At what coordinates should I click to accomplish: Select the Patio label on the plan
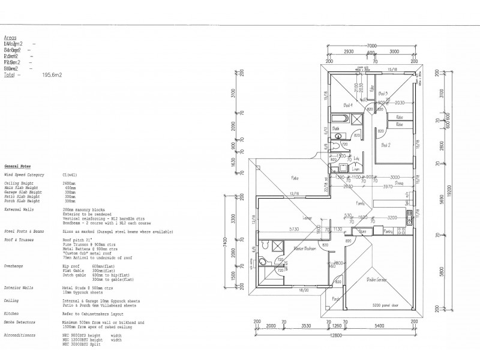click(295, 178)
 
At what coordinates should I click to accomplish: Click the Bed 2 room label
click(386, 145)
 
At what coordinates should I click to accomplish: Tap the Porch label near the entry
click(335, 299)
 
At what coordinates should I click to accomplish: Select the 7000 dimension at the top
click(371, 46)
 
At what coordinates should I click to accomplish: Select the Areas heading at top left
click(10, 37)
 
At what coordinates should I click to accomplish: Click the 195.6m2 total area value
click(52, 75)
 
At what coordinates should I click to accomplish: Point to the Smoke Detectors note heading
click(17, 322)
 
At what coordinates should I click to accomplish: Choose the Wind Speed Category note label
click(23, 173)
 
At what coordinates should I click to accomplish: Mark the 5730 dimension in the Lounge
click(277, 229)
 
